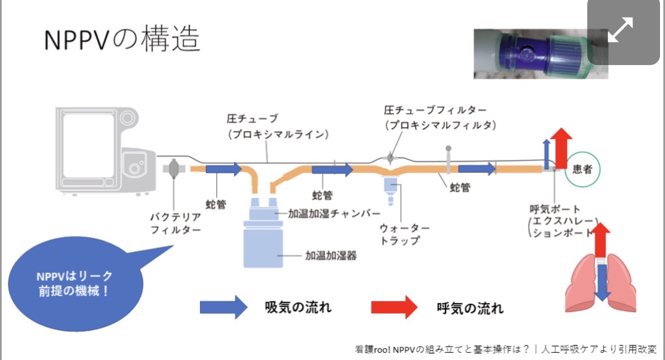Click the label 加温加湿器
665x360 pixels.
click(x=329, y=256)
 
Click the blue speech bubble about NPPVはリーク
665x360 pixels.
click(x=76, y=284)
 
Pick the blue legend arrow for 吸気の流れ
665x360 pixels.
click(x=223, y=307)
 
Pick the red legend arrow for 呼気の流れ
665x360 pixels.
click(x=394, y=307)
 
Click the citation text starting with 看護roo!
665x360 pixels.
click(x=506, y=349)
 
